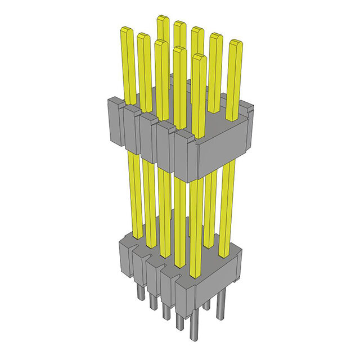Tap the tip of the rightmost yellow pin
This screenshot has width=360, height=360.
(236, 43)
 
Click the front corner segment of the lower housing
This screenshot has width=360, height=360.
(185, 299)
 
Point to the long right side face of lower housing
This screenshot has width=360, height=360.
(219, 287)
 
